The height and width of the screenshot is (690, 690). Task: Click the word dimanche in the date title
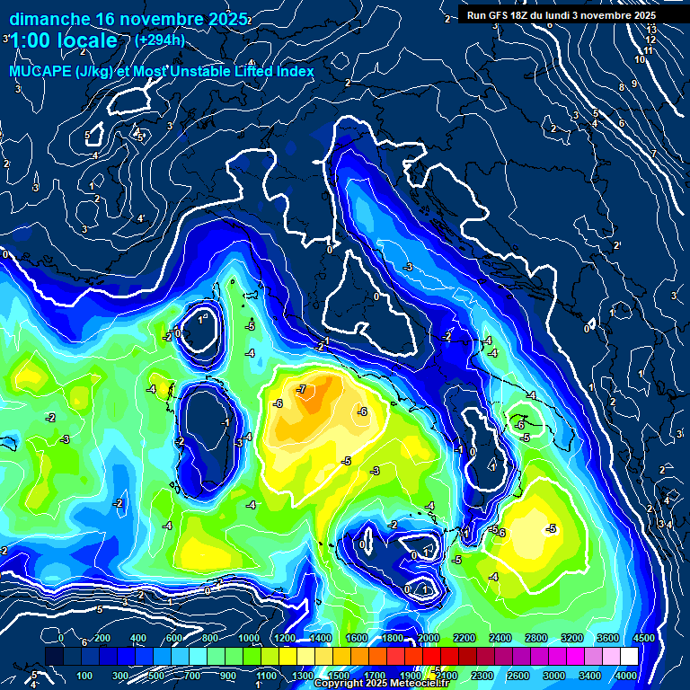coord(49,18)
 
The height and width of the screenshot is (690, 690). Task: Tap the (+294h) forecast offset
coord(161,40)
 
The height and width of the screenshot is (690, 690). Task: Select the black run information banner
coord(562,14)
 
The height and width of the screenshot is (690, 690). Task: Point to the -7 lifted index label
coord(302,389)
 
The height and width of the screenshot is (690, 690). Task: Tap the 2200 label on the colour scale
coord(464,638)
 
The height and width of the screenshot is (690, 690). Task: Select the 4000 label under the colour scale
coord(627,676)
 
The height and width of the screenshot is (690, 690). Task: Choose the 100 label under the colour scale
coord(84,676)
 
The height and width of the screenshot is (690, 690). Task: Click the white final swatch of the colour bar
coord(629,657)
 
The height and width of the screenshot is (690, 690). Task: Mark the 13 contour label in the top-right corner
coord(651,30)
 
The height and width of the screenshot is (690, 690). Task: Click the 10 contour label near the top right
coord(639,59)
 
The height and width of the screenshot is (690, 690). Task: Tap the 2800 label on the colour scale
coord(535,638)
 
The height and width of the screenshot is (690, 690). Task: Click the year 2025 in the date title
coord(226,18)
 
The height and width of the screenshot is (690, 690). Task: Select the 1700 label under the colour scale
coord(374,676)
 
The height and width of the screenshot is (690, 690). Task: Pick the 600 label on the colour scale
coord(173,638)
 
